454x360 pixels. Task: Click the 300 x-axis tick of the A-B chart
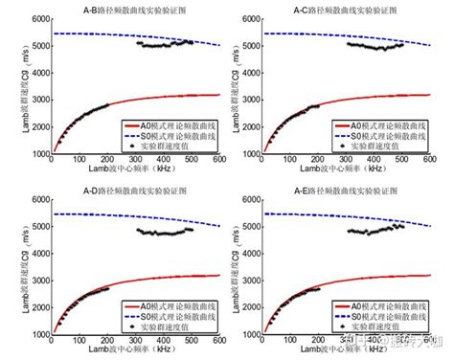[x=136, y=161]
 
